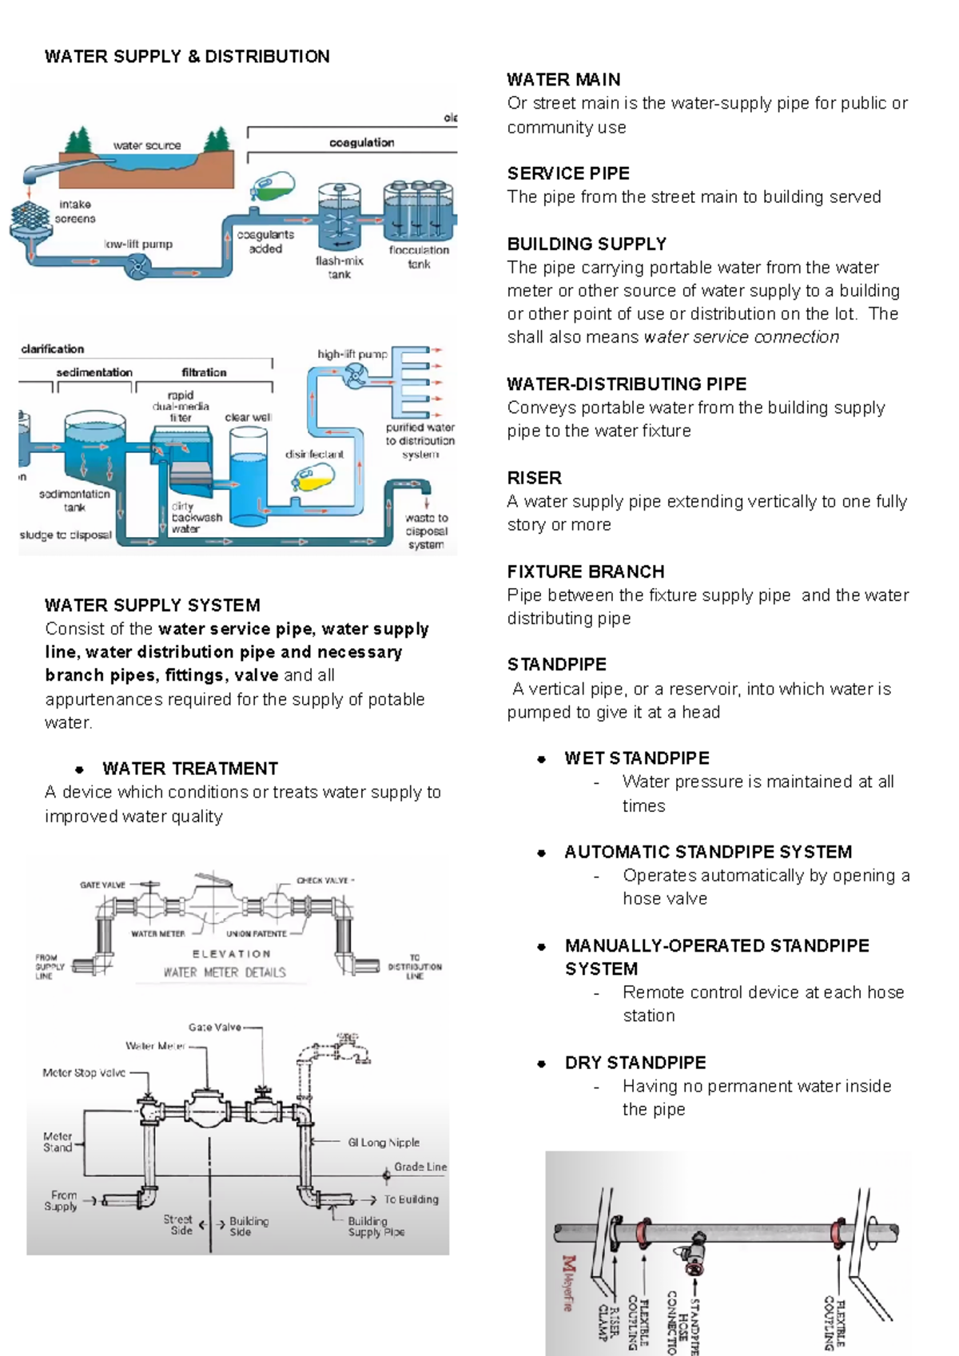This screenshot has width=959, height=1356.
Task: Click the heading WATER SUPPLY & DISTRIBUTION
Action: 187,57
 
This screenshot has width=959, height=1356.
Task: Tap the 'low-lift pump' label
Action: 138,244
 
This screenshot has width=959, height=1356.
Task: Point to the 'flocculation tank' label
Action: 419,256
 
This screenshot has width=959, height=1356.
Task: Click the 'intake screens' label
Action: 76,212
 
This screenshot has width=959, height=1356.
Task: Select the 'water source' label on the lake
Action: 147,145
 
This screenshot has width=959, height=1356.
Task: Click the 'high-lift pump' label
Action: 352,354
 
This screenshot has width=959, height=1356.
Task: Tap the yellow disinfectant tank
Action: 312,479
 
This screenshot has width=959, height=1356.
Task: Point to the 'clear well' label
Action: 248,417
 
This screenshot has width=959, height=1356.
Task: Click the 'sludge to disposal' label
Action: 66,535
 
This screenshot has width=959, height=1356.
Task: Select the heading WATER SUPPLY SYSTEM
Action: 153,605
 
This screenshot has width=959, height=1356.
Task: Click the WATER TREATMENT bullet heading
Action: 190,769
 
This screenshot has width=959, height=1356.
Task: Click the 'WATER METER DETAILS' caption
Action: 225,972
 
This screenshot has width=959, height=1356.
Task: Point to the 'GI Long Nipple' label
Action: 384,1143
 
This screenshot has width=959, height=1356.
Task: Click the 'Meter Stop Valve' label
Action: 84,1072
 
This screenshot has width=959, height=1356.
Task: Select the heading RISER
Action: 534,478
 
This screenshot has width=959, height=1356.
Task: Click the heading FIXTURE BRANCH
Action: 586,571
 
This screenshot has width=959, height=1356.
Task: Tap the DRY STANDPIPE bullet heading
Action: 635,1063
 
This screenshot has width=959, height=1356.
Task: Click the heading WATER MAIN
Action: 563,80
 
